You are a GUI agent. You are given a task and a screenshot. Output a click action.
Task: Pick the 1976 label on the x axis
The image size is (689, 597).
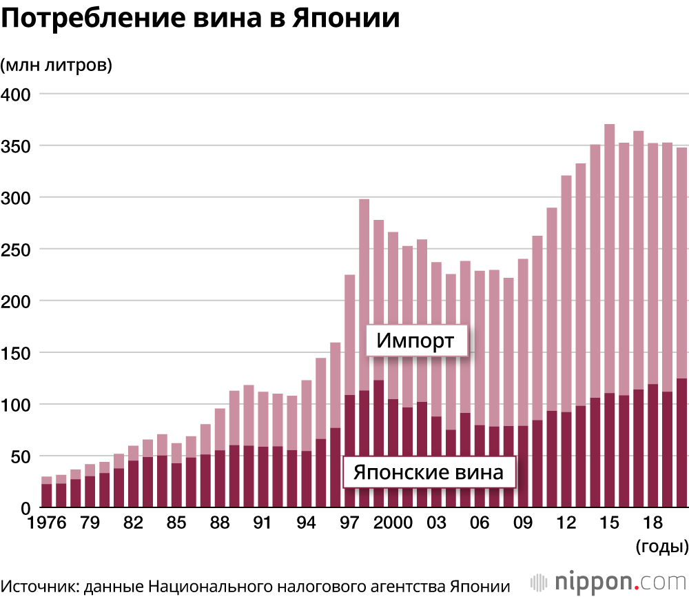pos(47,523)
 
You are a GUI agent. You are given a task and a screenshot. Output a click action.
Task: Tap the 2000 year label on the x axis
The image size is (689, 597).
pos(393,523)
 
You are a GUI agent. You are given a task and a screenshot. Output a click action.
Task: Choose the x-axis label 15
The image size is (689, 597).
pos(609,523)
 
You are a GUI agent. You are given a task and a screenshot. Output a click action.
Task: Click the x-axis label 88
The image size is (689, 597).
pos(220,523)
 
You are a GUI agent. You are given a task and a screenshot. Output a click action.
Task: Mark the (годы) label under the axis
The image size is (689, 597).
pos(660,547)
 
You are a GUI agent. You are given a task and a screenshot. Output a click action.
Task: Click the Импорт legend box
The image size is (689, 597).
pos(416,341)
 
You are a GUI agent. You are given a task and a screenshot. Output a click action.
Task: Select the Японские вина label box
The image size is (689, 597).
pos(429,473)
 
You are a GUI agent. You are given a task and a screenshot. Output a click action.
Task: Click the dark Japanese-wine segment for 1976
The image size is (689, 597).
pos(47,496)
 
